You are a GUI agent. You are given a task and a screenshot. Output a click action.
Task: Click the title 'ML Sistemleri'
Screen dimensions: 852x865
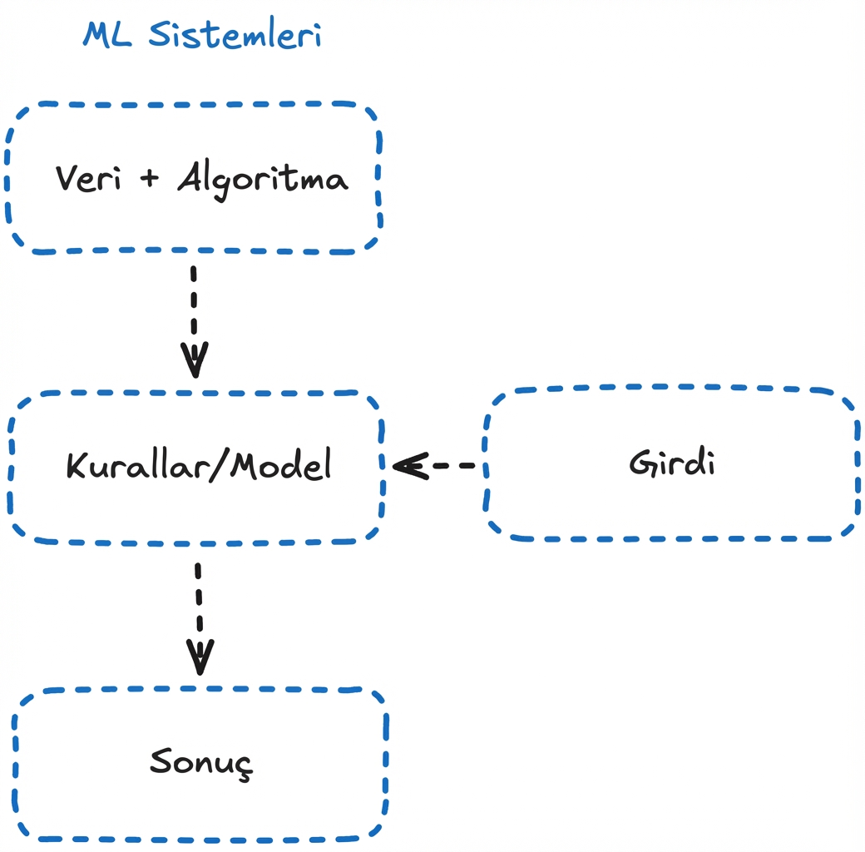(202, 35)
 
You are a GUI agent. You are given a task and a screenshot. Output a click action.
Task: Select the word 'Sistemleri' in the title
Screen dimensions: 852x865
(235, 35)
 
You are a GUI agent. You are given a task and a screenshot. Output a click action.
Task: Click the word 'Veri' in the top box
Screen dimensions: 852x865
(86, 178)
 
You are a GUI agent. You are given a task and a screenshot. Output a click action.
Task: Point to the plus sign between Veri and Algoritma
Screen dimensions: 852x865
(150, 179)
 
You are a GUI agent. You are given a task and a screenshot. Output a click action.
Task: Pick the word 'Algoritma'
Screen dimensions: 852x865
(263, 180)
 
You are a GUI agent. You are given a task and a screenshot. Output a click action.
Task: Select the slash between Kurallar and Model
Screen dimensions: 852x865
(220, 465)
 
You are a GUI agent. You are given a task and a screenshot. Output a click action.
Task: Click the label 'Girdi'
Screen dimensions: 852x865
(672, 463)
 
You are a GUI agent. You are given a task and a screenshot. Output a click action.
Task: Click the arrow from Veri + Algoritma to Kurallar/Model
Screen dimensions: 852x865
(194, 320)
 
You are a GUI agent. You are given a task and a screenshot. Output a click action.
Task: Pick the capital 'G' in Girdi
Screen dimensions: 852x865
(642, 463)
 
